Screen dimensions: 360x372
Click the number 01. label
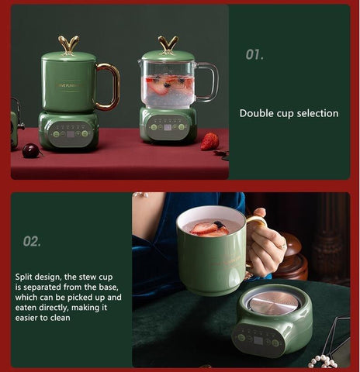pyautogui.click(x=254, y=55)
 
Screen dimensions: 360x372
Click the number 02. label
pyautogui.click(x=32, y=241)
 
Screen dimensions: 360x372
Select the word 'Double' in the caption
pyautogui.click(x=256, y=113)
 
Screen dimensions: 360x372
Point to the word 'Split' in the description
pyautogui.click(x=23, y=277)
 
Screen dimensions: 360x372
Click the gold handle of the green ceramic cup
pyautogui.click(x=111, y=86)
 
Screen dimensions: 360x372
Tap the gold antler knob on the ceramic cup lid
pyautogui.click(x=68, y=45)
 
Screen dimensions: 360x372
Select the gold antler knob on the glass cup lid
pyautogui.click(x=168, y=45)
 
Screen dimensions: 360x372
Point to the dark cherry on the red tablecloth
pyautogui.click(x=31, y=150)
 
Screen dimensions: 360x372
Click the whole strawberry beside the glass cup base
pyautogui.click(x=209, y=141)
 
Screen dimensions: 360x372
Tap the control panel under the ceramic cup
pyautogui.click(x=70, y=134)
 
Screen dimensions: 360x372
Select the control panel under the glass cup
pyautogui.click(x=168, y=127)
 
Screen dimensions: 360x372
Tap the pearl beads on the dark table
pyautogui.click(x=323, y=361)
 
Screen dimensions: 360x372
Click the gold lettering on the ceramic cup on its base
pyautogui.click(x=69, y=85)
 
